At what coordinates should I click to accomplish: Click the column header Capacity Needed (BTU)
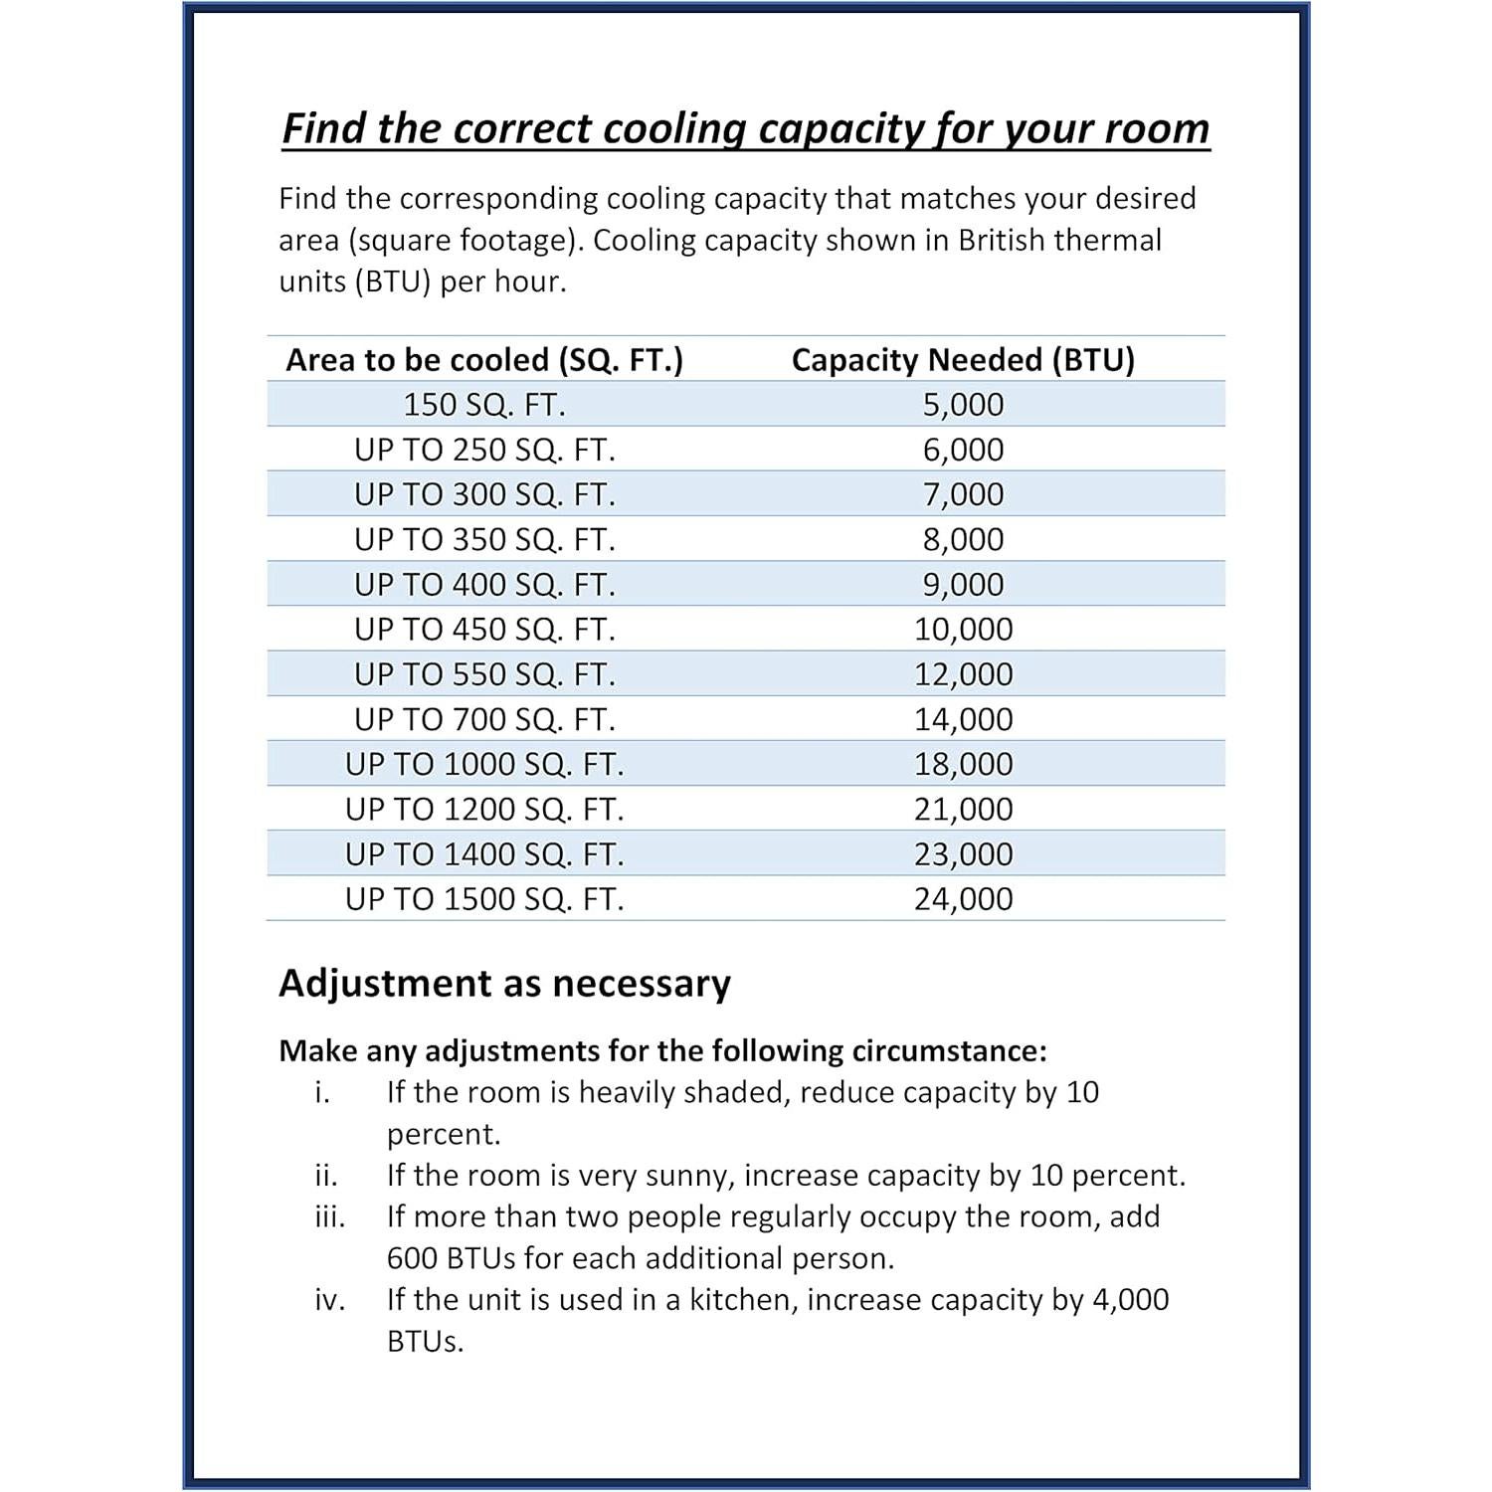click(963, 359)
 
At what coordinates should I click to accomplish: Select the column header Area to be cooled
click(484, 359)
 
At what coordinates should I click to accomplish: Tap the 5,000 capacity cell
click(963, 405)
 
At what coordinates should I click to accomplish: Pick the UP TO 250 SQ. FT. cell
click(484, 450)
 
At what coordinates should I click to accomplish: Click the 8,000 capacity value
click(963, 539)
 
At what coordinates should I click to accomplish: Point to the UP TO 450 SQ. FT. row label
click(484, 630)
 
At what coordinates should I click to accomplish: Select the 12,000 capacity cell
click(963, 674)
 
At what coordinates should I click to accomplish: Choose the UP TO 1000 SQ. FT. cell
click(484, 764)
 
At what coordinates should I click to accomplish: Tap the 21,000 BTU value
click(963, 809)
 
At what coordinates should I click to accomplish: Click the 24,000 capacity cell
click(963, 899)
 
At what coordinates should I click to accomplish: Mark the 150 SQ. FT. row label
click(484, 405)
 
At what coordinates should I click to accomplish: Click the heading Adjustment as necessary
click(504, 983)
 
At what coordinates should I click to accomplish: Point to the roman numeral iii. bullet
click(329, 1216)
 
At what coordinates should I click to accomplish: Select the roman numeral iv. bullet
click(329, 1300)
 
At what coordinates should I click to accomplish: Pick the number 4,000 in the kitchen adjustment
click(1130, 1300)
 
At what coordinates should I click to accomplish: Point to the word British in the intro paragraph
click(1001, 241)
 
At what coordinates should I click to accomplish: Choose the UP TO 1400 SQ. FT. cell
click(484, 854)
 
